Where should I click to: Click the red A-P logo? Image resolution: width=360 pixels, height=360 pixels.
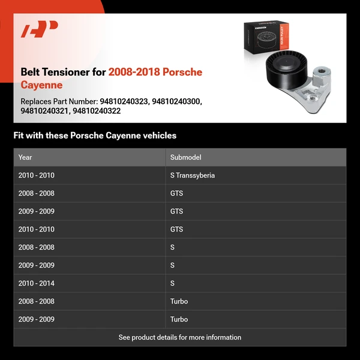pos(39,29)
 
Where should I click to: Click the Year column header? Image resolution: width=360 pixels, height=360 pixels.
pos(25,157)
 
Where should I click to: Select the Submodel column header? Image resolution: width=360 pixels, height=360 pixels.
pos(185,157)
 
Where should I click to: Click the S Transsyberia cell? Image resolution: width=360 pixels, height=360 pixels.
pos(192,175)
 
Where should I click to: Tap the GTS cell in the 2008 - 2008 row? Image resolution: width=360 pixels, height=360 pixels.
pos(176,193)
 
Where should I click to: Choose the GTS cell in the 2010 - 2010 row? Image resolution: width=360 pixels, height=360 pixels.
pos(176,229)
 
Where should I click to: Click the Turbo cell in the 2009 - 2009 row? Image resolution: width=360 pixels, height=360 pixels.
pos(179,319)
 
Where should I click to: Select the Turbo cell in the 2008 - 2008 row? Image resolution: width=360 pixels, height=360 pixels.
pos(179,301)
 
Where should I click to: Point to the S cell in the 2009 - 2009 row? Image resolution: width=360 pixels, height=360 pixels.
pos(173,265)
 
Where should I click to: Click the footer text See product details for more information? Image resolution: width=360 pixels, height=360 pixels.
pos(180,337)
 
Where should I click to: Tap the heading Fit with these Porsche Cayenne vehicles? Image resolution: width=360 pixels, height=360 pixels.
pos(95,136)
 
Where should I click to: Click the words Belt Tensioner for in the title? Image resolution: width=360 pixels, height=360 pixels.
pos(63,72)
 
